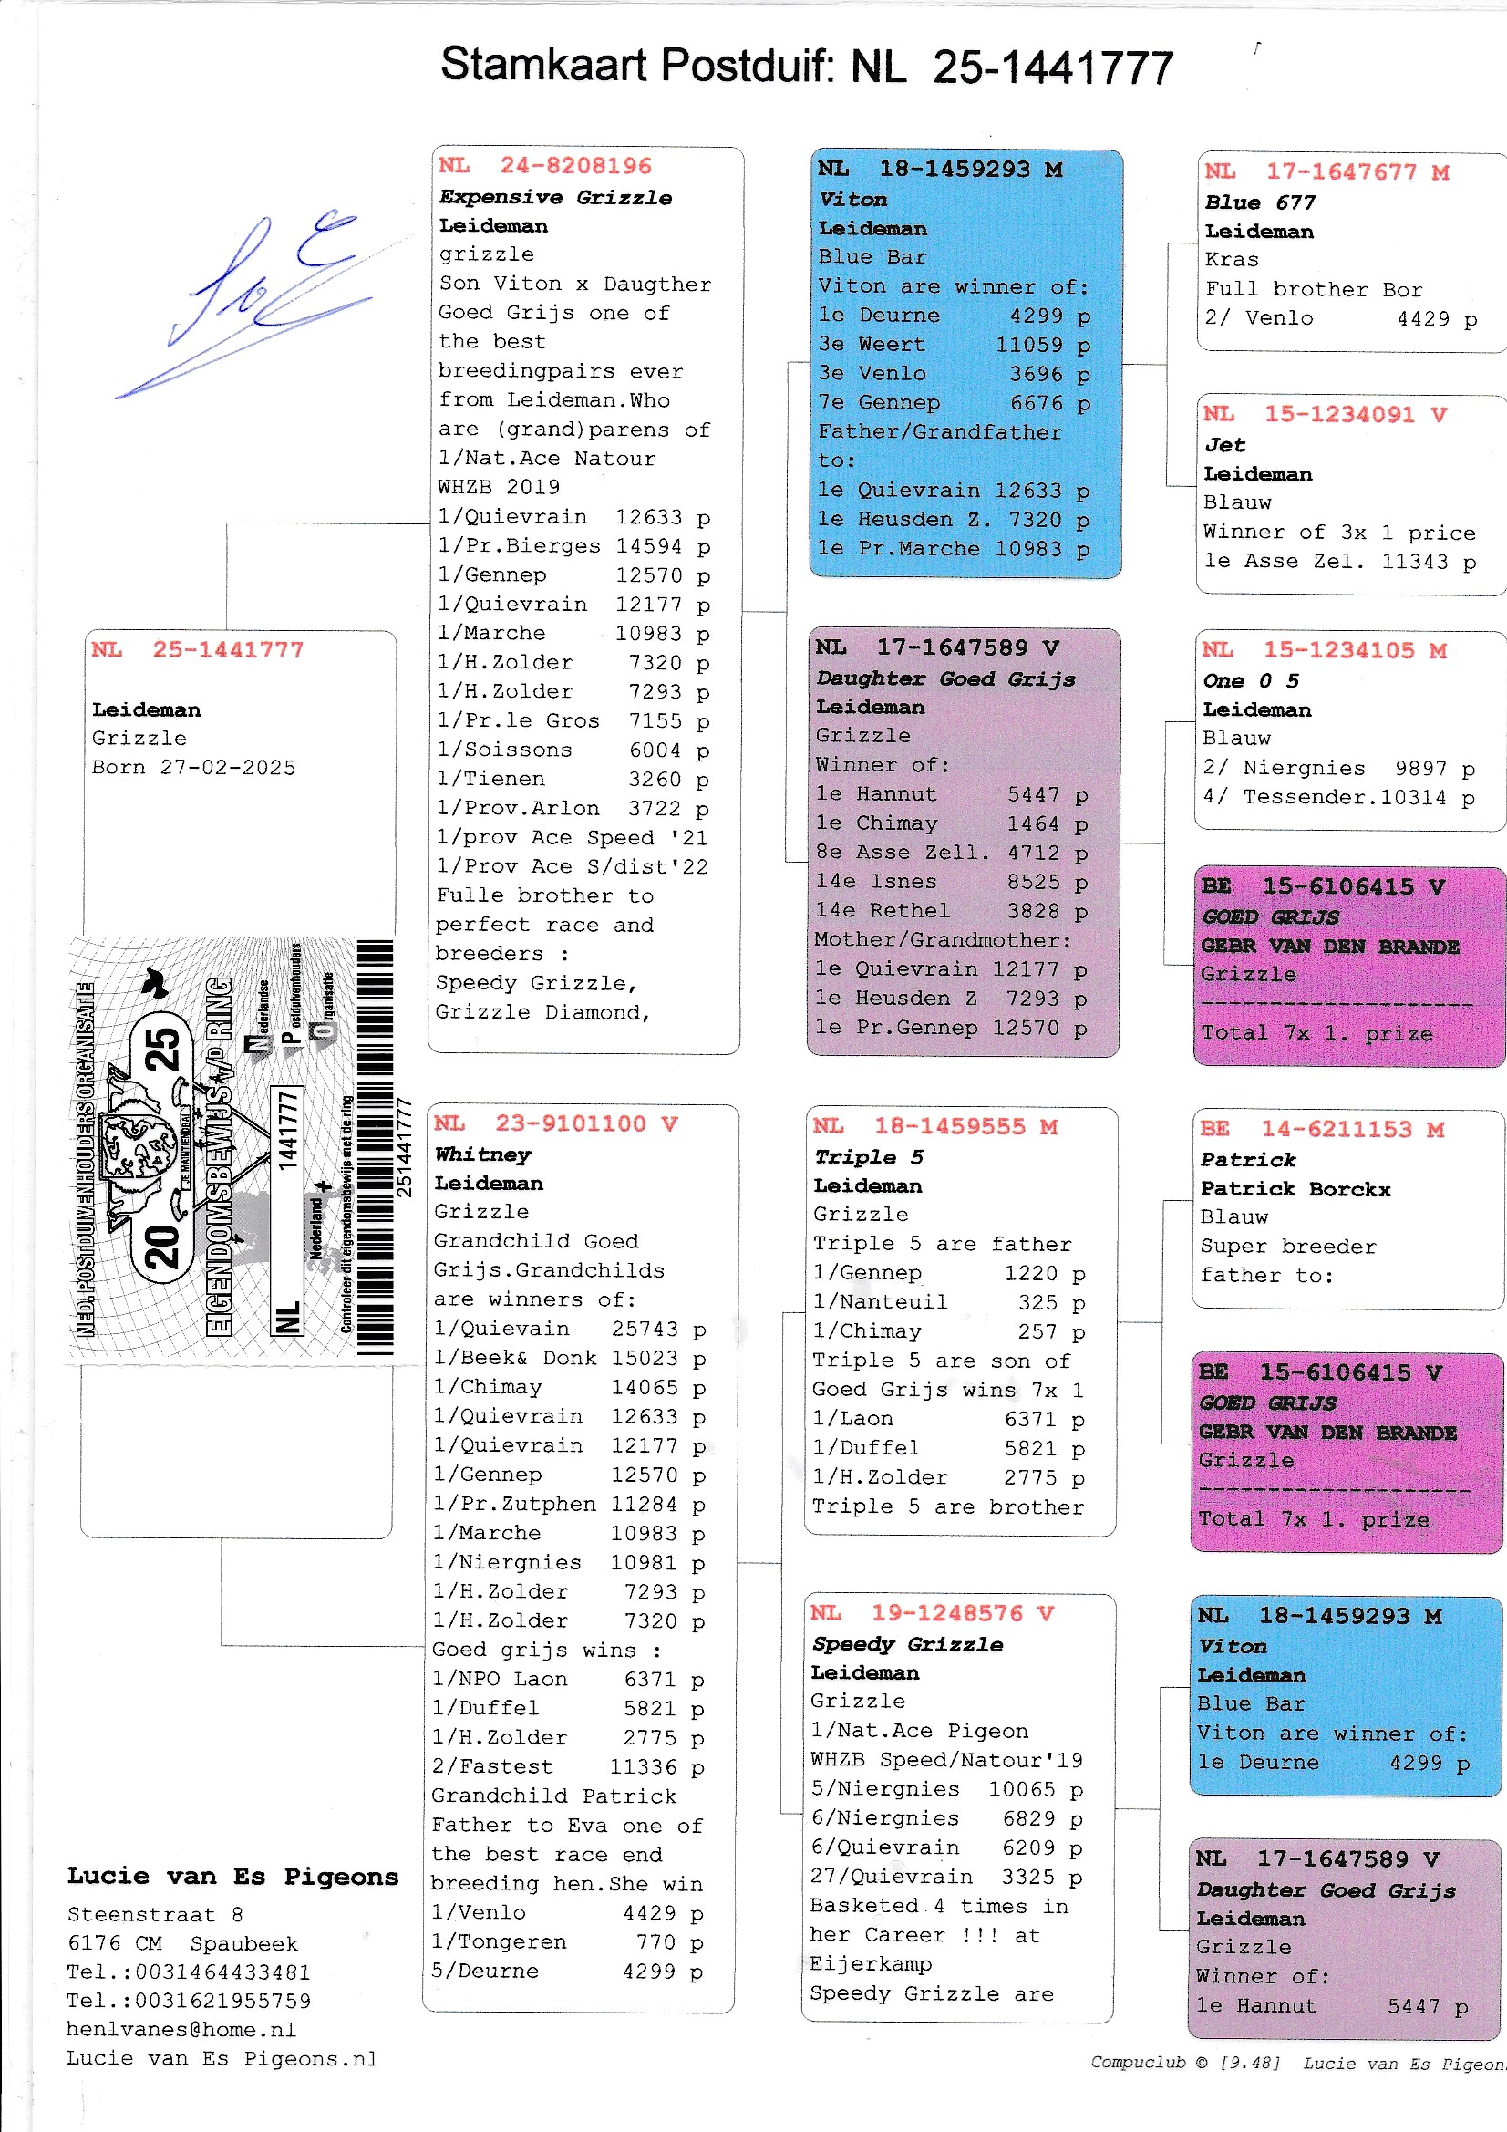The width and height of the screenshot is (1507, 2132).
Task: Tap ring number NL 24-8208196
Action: [545, 166]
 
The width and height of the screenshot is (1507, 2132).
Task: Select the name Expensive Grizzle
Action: [555, 197]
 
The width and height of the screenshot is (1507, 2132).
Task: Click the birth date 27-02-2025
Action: [228, 768]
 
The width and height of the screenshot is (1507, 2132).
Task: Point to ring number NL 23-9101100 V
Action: [555, 1123]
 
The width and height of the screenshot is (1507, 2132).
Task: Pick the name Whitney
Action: [483, 1154]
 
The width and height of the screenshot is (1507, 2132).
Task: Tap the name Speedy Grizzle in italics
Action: [907, 1644]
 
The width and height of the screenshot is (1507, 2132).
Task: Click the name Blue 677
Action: [1260, 202]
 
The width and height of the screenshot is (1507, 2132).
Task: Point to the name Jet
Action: [1224, 445]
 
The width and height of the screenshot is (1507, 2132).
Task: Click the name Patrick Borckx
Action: [1295, 1188]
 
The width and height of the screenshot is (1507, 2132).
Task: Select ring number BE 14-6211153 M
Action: [1321, 1129]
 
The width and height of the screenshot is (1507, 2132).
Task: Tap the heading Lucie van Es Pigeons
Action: [232, 1877]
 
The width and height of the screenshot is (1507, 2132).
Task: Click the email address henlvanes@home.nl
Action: [181, 2030]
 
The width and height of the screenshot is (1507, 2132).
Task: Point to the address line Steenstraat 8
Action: [155, 1915]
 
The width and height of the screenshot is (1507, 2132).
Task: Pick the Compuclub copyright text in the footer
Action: [1186, 2063]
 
